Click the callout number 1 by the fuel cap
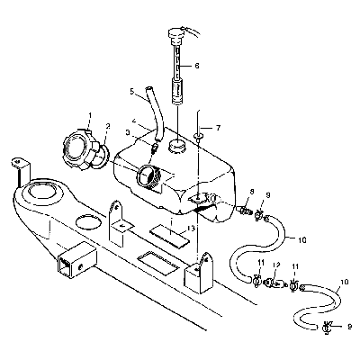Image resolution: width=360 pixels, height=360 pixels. click(x=90, y=115)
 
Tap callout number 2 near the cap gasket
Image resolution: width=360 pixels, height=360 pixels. click(x=108, y=126)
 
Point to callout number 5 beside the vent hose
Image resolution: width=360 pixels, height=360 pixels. click(x=132, y=91)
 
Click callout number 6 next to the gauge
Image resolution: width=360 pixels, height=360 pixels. click(x=196, y=66)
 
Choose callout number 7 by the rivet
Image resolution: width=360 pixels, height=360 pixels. click(x=218, y=128)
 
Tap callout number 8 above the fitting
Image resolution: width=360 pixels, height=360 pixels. click(x=251, y=192)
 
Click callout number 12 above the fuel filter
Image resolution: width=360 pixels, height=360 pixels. click(x=276, y=265)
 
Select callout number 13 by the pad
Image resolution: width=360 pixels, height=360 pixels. click(x=191, y=229)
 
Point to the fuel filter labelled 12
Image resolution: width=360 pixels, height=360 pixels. click(x=274, y=283)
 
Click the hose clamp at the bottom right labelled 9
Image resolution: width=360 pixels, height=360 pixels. click(x=327, y=326)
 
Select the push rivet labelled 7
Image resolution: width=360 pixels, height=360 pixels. click(x=198, y=137)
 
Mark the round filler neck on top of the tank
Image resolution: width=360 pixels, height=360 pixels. click(x=176, y=146)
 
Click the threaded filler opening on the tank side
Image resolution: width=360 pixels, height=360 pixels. click(x=148, y=176)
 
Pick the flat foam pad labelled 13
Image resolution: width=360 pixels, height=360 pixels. click(x=170, y=237)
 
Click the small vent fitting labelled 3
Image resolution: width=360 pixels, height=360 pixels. click(x=156, y=148)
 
